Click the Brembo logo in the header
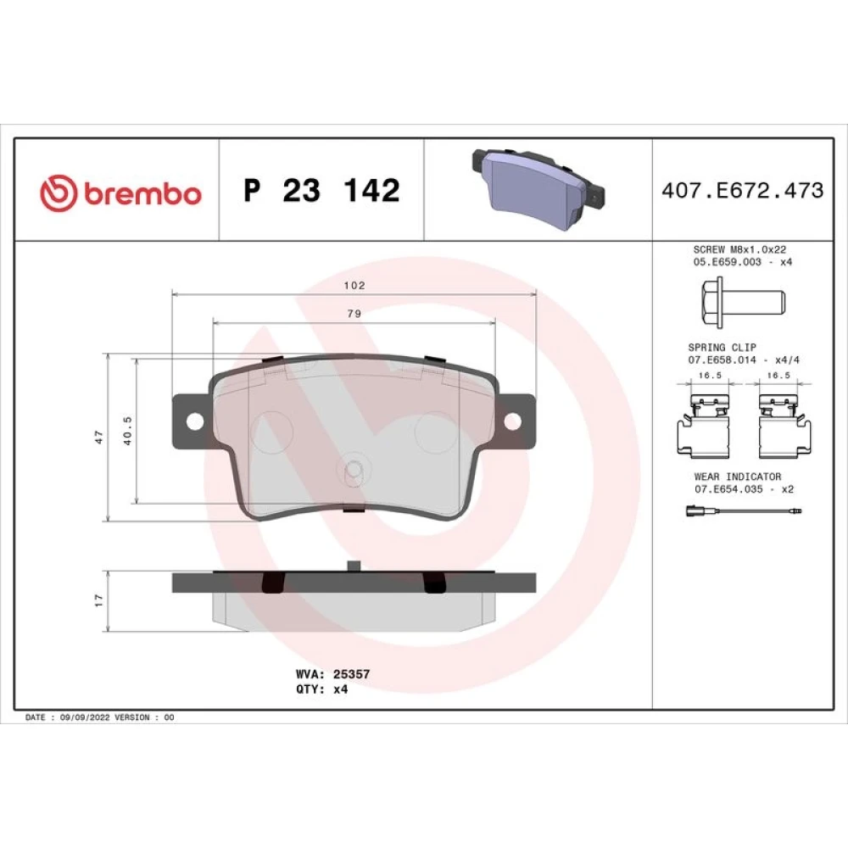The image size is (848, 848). [x=120, y=192]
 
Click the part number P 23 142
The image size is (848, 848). [x=321, y=190]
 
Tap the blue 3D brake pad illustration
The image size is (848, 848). [x=538, y=183]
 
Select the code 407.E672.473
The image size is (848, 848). [x=743, y=190]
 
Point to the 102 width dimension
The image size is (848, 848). [x=354, y=285]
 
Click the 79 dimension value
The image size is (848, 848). [x=354, y=313]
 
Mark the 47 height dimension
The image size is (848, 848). [x=98, y=437]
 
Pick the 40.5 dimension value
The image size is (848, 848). [x=128, y=431]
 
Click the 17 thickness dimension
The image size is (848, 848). [x=98, y=600]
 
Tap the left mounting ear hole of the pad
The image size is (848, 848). [x=195, y=421]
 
